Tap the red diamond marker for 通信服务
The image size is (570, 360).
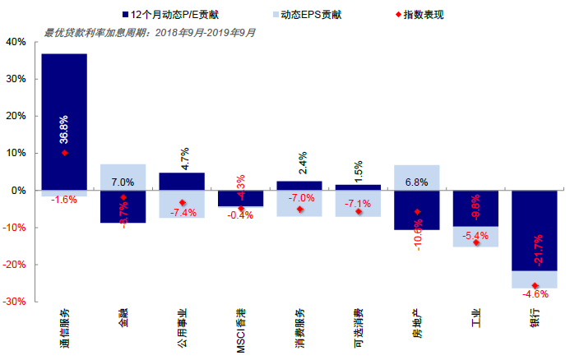(x=64, y=153)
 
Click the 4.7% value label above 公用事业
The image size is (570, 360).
(x=182, y=154)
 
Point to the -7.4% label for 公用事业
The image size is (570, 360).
(x=183, y=213)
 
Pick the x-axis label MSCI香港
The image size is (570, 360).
(x=242, y=331)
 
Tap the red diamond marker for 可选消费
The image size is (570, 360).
(x=359, y=211)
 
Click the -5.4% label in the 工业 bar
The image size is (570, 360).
(x=475, y=236)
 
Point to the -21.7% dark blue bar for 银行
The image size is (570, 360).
(x=535, y=230)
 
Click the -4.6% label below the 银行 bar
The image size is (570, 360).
(x=535, y=293)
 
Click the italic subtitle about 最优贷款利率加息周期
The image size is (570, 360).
(x=150, y=33)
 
